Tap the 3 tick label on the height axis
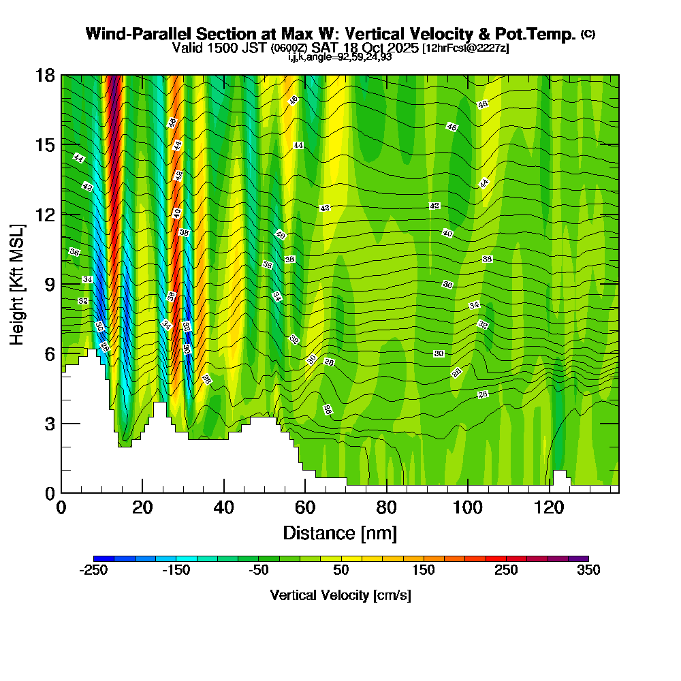coord(50,424)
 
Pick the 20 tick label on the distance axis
coord(142,508)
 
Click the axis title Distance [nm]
coord(340,533)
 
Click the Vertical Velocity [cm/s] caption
coord(340,595)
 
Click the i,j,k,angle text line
coord(340,57)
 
